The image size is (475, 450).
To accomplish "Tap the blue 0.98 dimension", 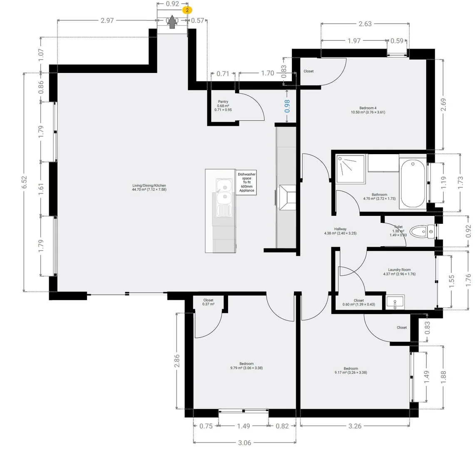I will (287, 106).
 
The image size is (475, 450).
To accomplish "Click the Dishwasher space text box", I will (246, 182).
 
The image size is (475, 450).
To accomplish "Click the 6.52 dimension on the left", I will (25, 182).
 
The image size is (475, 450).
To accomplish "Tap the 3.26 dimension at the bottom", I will (355, 426).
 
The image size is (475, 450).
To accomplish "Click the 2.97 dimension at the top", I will (107, 20).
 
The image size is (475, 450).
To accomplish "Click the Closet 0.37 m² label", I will (208, 302).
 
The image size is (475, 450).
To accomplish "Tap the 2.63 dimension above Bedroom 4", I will (365, 24).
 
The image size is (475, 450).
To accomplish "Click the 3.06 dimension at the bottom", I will (244, 442).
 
